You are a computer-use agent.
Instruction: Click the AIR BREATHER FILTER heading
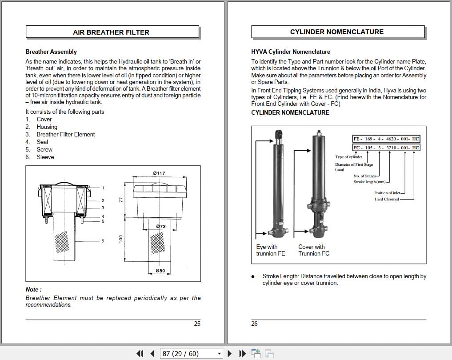(111, 32)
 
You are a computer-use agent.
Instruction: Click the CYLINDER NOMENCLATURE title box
(337, 32)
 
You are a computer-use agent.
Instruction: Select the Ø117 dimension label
(159, 173)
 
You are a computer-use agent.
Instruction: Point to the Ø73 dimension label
(161, 226)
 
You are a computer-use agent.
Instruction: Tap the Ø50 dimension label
(160, 271)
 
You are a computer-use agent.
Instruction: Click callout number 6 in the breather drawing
(103, 241)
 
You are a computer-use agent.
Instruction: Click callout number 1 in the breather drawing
(103, 188)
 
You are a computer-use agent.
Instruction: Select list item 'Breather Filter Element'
(66, 134)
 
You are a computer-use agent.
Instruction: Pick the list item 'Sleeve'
(45, 157)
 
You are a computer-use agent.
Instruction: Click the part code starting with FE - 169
(386, 139)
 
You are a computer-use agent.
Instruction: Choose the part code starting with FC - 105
(386, 148)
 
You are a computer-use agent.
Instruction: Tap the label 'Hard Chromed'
(387, 199)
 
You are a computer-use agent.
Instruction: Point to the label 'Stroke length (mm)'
(369, 182)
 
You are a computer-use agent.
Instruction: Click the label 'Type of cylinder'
(348, 157)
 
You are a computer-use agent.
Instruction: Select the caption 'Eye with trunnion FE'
(270, 250)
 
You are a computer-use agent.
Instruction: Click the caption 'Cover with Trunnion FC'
(314, 250)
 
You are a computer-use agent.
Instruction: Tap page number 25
(197, 324)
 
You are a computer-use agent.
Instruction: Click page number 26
(254, 324)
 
